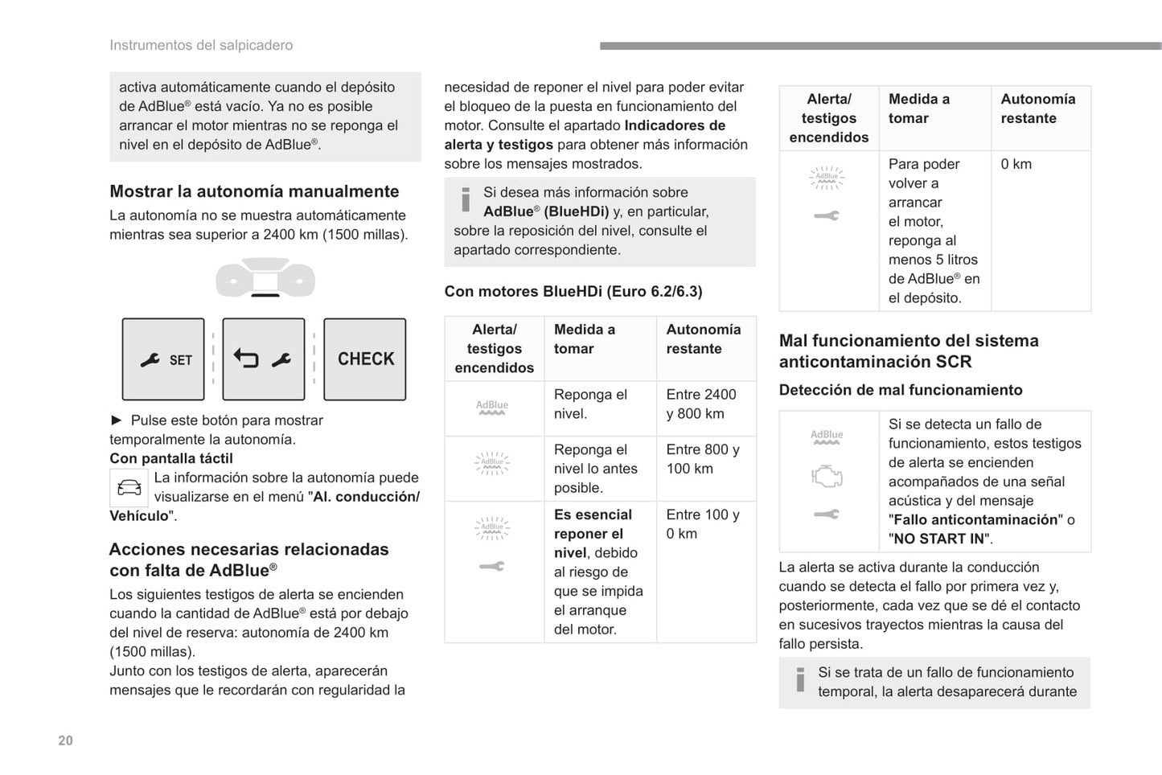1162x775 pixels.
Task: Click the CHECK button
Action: click(365, 359)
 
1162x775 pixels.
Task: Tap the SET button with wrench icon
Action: click(163, 359)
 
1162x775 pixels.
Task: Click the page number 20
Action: click(65, 740)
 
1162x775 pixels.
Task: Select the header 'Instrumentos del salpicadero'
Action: click(201, 45)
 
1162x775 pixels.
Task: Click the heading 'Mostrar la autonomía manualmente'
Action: click(254, 191)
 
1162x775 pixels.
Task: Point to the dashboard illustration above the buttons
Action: click(265, 278)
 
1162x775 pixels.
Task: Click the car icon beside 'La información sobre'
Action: click(129, 487)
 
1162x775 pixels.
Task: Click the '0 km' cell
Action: click(1016, 164)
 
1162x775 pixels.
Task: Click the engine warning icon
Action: click(827, 477)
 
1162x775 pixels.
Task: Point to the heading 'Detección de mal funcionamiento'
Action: click(901, 390)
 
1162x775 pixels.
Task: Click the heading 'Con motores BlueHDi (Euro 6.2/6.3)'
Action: click(573, 291)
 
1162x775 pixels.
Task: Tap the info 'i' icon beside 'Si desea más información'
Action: click(466, 199)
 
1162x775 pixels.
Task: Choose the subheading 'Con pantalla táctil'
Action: click(171, 458)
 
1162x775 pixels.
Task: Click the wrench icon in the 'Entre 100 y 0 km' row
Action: click(492, 566)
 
